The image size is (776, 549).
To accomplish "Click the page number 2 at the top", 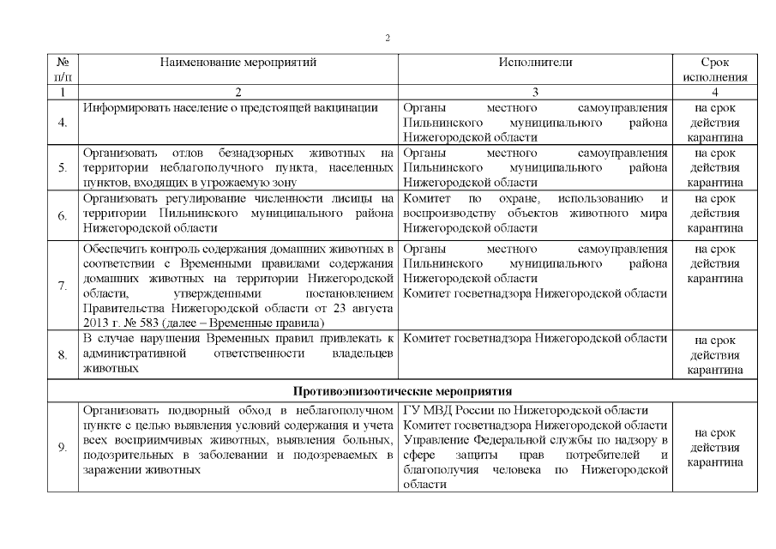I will click(388, 38).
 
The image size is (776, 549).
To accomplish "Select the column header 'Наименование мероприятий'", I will click(238, 63).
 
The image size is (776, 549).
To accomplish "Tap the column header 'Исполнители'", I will click(535, 63).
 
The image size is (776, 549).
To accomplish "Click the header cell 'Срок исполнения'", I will click(714, 69).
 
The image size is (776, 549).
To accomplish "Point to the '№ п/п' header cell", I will click(63, 69).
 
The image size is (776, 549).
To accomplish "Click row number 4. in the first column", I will click(63, 123).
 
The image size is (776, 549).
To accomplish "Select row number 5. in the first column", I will click(63, 167).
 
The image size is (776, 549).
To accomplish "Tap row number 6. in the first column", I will click(63, 214).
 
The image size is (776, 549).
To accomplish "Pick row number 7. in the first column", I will click(63, 286).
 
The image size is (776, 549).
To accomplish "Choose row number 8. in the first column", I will click(63, 353).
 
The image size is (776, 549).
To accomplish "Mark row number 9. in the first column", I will click(63, 447).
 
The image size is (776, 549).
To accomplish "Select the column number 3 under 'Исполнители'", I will click(535, 92).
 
